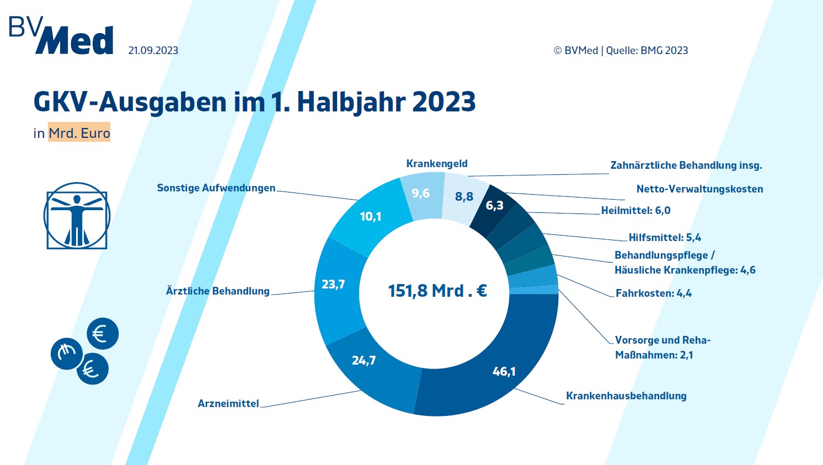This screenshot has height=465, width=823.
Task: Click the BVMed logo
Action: [x=61, y=36]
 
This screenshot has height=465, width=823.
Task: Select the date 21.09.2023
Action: [x=153, y=50]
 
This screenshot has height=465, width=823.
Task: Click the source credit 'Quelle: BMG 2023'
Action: [x=647, y=50]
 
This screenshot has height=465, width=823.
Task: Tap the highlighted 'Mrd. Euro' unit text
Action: [x=79, y=133]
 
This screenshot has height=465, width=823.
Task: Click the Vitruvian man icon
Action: [x=77, y=216]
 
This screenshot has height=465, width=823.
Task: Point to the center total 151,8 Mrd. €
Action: [x=437, y=291]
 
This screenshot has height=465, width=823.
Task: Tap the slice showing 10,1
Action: [x=371, y=217]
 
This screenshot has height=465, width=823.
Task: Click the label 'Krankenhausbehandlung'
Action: [x=626, y=395]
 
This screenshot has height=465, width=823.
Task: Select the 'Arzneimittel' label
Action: [x=228, y=403]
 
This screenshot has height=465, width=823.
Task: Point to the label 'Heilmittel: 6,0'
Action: [x=635, y=211]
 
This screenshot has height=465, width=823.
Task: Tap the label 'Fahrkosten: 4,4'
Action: [x=654, y=293]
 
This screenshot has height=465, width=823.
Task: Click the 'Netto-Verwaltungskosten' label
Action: [x=699, y=189]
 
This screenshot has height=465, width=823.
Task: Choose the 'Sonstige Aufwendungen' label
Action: [x=216, y=188]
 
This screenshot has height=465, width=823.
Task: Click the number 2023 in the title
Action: [x=444, y=101]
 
